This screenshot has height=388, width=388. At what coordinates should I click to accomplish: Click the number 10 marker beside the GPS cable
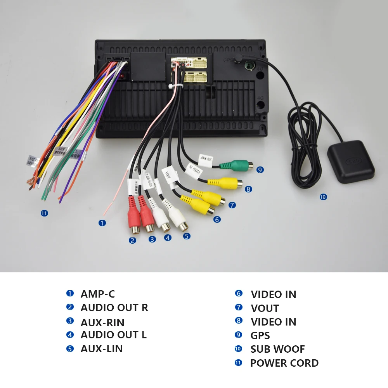(323, 197)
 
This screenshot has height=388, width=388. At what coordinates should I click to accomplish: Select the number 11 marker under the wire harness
(44, 213)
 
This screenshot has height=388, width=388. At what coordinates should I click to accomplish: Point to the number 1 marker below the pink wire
(102, 223)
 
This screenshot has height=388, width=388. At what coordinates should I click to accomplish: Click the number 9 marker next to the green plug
(260, 170)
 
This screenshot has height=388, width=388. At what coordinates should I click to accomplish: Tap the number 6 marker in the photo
(217, 220)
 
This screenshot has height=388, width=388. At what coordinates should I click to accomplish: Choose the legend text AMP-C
(98, 294)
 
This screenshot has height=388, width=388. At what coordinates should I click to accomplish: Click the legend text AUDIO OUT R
(114, 308)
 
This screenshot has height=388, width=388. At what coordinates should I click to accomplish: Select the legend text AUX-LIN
(102, 349)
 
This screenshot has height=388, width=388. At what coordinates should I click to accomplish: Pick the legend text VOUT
(265, 308)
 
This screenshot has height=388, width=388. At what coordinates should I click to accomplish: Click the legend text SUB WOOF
(277, 349)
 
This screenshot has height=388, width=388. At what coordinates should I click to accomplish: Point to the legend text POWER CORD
(284, 363)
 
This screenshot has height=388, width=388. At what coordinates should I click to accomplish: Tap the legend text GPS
(260, 336)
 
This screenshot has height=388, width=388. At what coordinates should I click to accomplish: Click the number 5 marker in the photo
(187, 236)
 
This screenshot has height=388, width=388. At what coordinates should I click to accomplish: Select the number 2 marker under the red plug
(133, 241)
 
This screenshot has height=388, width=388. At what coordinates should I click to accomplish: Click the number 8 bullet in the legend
(239, 321)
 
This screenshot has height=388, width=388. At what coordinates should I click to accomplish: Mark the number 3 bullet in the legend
(70, 321)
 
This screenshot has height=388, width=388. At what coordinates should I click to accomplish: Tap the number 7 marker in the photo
(232, 205)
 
